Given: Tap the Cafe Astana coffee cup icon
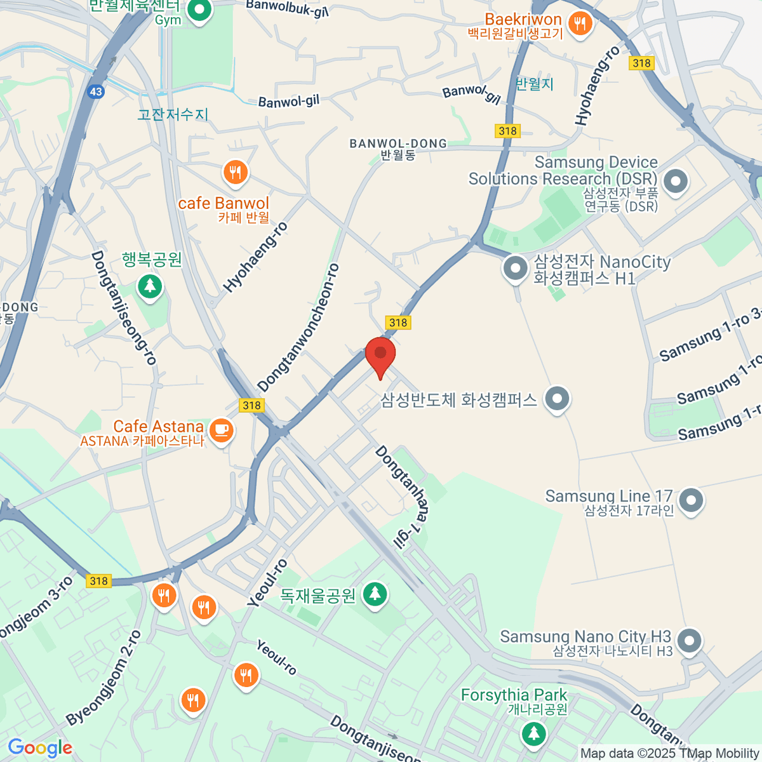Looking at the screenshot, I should click(x=221, y=431).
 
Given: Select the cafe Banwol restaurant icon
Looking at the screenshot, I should click(x=236, y=172).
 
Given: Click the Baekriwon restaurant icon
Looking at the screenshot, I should click(x=579, y=25).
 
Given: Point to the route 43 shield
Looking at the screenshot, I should click(x=96, y=91).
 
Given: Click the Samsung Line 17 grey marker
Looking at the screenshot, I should click(x=690, y=500).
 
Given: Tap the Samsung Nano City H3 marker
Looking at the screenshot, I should click(x=689, y=641).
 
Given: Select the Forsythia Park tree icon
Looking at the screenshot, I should click(x=533, y=733).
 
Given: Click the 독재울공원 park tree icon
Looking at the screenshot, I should click(x=375, y=594).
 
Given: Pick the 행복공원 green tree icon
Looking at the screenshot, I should click(x=150, y=286).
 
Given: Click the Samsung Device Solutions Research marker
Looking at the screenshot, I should click(x=675, y=181).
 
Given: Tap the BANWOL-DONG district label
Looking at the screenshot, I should click(x=398, y=145).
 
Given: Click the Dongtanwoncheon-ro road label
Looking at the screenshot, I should click(x=298, y=328).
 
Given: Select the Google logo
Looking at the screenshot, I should click(x=40, y=748).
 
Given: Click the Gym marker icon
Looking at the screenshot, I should click(x=201, y=10).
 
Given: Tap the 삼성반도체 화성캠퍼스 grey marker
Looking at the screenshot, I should click(x=558, y=399).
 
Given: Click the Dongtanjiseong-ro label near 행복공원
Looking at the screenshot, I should click(x=124, y=308).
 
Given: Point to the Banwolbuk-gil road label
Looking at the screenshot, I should click(x=287, y=8).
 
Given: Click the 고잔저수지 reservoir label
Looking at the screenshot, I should click(x=173, y=114).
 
